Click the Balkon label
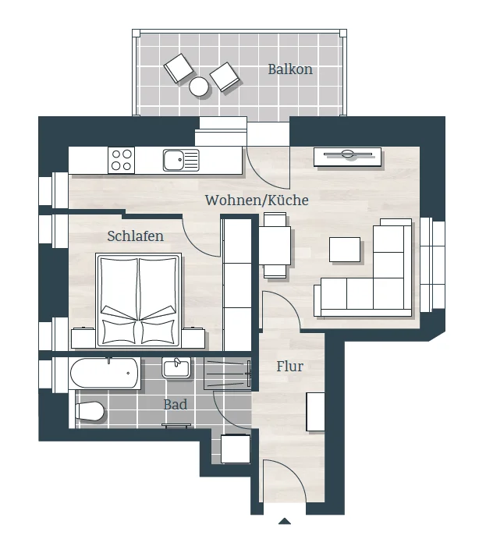290,69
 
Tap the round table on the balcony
199,87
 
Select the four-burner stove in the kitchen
121,160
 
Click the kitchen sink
181,160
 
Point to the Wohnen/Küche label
257,200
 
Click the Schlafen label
136,236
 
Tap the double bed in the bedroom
139,300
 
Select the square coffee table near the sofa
345,250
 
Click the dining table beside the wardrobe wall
275,246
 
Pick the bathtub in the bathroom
105,374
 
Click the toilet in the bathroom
90,411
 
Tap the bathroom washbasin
176,368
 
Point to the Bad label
175,405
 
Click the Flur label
289,367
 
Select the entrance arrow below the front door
285,521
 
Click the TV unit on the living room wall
347,157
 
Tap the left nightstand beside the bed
83,338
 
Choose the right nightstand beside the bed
193,338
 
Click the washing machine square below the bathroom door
236,448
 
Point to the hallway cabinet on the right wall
315,412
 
